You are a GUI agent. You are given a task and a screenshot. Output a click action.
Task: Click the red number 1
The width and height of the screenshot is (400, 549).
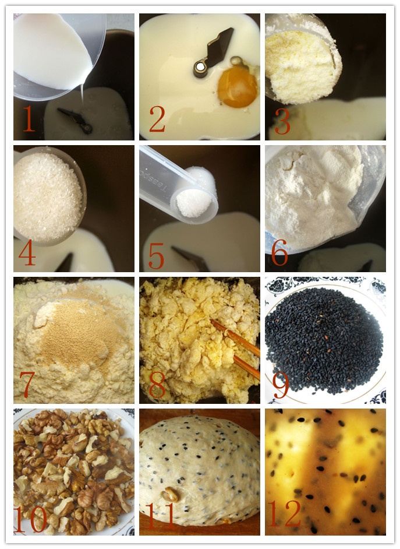tap(29, 119)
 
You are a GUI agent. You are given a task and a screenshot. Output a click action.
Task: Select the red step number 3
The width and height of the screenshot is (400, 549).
tap(282, 121)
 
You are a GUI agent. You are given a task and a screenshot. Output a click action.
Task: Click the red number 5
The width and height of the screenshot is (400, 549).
tap(156, 256)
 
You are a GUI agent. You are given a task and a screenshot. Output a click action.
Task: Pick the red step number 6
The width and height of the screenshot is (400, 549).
tap(279, 253)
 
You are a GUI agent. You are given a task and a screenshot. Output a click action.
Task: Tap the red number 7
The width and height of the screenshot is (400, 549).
tap(27, 385)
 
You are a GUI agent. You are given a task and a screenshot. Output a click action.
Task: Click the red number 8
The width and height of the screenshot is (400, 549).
tap(157, 385)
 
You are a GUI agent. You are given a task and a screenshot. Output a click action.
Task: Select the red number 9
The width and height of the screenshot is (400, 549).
tap(281, 385)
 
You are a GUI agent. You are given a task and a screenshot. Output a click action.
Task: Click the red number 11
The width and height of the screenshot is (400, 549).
tap(160, 516)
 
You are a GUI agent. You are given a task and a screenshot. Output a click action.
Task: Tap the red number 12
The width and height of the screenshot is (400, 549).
tap(284, 513)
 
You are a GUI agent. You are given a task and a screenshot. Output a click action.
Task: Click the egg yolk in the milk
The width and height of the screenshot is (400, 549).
tap(238, 87)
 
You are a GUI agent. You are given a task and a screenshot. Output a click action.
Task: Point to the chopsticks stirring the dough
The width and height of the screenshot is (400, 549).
tap(235, 349)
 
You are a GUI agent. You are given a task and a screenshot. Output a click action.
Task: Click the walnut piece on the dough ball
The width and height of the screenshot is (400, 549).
tap(169, 494)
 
